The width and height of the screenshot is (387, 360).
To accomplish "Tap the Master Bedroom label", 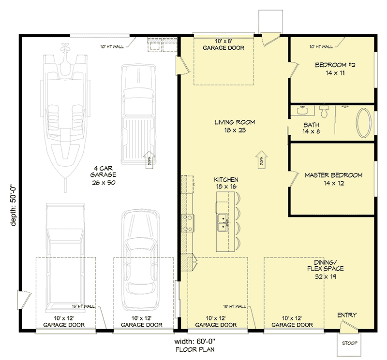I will pyautogui.click(x=333, y=179).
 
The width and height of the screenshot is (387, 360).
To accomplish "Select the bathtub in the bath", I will pyautogui.click(x=364, y=123).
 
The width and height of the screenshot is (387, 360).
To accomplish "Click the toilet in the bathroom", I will pyautogui.click(x=324, y=112).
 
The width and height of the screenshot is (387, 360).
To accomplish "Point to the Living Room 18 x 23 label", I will pyautogui.click(x=235, y=126).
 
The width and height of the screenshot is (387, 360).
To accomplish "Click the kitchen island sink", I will pyautogui.click(x=223, y=223).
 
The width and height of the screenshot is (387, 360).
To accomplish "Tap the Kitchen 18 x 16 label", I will pyautogui.click(x=226, y=183).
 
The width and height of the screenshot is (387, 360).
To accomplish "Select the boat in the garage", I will pyautogui.click(x=65, y=111).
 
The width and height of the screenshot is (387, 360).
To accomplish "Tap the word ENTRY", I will pyautogui.click(x=347, y=315).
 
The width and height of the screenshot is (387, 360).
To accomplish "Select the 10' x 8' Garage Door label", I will pyautogui.click(x=223, y=44).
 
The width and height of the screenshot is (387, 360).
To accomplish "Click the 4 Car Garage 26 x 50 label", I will pyautogui.click(x=104, y=175).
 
